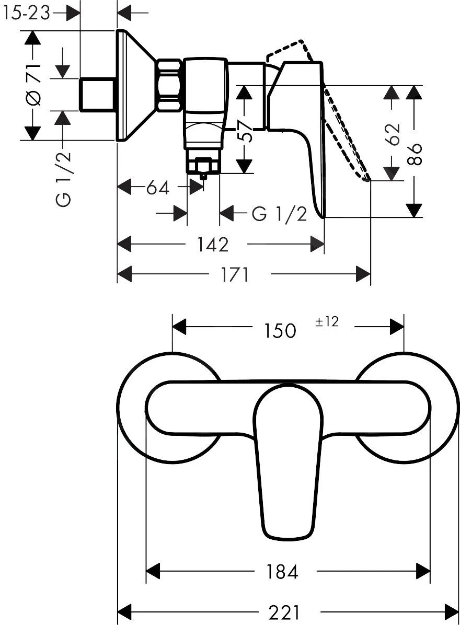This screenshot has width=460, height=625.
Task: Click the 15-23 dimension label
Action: coord(26,13)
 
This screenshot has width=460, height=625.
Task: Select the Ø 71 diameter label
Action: coord(33,85)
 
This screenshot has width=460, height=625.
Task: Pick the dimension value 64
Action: coord(157,187)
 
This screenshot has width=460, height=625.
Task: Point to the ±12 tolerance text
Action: coord(327,322)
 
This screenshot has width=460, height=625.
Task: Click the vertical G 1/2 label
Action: coord(64,178)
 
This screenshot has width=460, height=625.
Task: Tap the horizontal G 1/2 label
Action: coord(279,213)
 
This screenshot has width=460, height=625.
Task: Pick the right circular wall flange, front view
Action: coord(444,408)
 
